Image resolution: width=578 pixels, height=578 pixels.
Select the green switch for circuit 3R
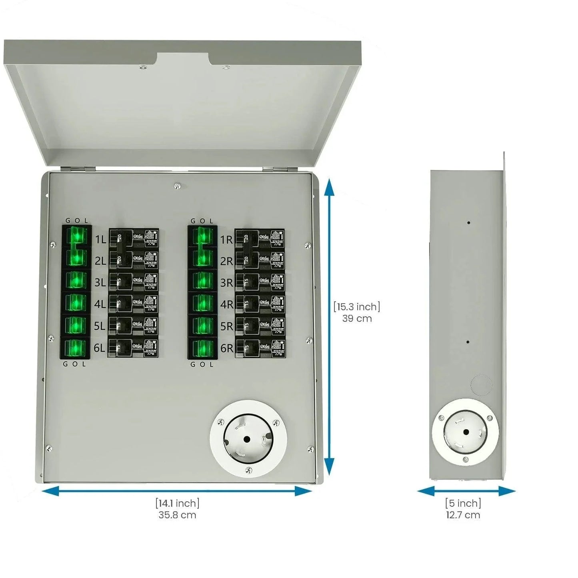[202, 280]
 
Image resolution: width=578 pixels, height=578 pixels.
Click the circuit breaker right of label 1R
[260, 239]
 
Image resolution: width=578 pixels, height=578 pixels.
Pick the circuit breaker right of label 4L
[134, 304]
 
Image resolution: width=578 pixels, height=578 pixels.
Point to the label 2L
[100, 261]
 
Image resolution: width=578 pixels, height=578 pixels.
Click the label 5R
[226, 326]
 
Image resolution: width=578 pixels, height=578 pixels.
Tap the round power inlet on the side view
[465, 432]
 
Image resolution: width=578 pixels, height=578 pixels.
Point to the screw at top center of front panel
[177, 185]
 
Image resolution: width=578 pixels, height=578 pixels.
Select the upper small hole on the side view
[468, 222]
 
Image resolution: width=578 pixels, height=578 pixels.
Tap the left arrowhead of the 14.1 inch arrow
[50, 491]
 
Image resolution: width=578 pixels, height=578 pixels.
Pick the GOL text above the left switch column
[76, 221]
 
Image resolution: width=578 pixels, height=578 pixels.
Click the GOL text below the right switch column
[202, 364]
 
